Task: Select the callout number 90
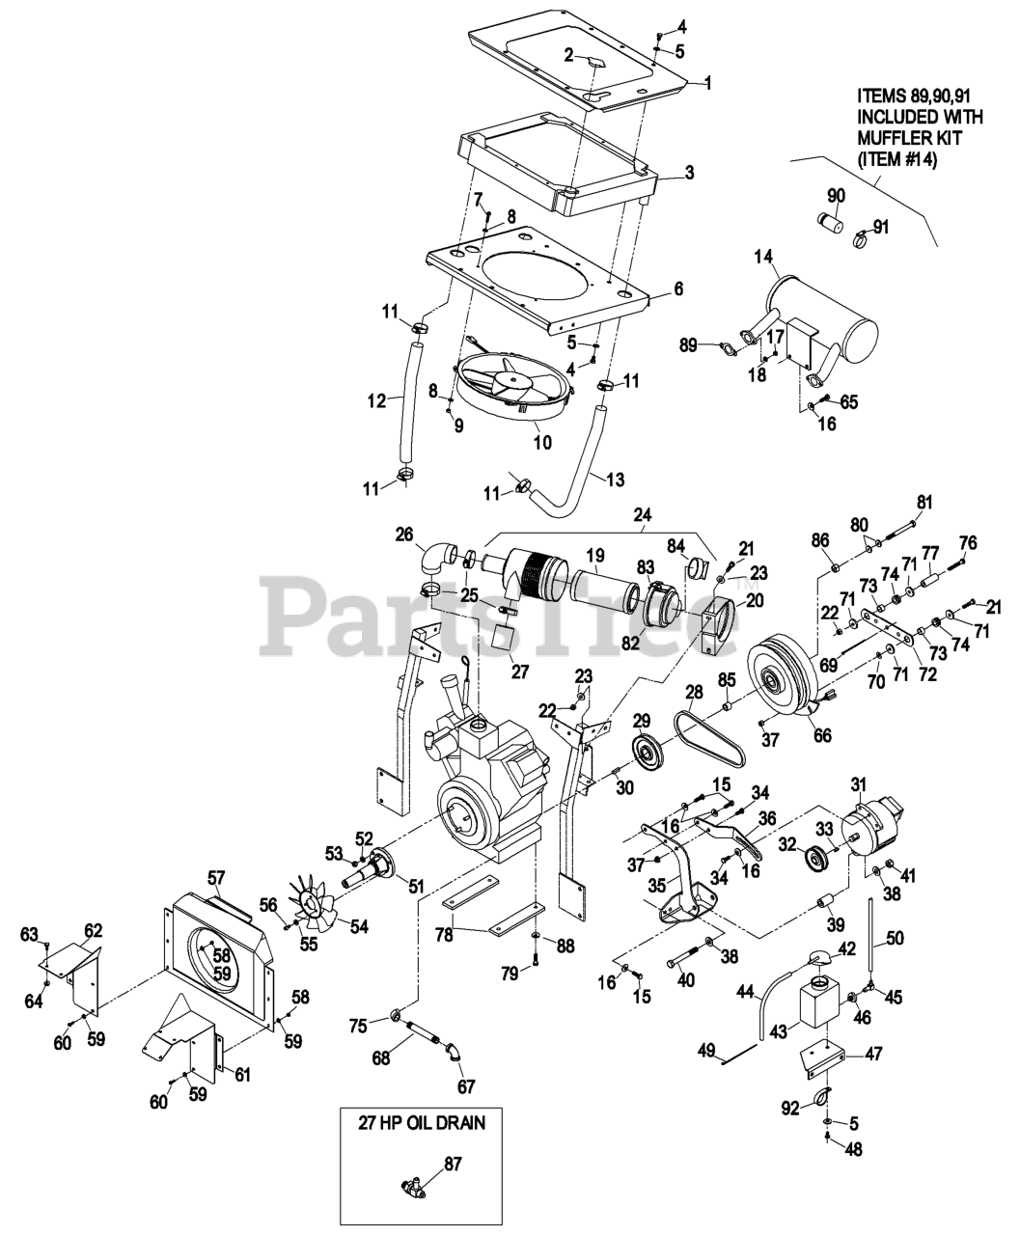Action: pos(836,195)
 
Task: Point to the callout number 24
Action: pos(642,516)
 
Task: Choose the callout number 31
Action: pos(858,783)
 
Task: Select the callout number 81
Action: pos(924,502)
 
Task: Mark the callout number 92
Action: pos(791,1108)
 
